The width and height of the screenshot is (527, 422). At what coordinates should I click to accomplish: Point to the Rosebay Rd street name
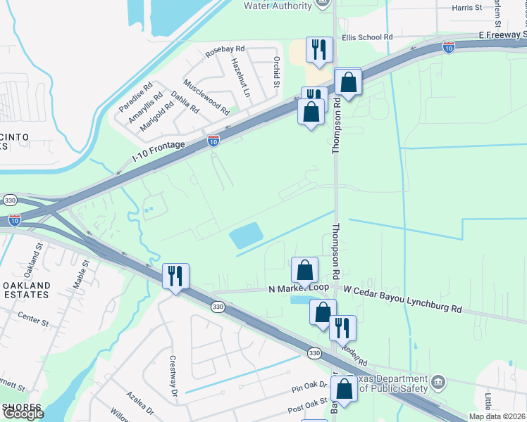tap(225, 50)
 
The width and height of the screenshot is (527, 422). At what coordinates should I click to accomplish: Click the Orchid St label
tap(277, 72)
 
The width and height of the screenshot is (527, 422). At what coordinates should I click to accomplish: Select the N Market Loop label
tap(299, 288)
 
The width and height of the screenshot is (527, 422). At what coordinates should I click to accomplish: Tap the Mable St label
tap(82, 275)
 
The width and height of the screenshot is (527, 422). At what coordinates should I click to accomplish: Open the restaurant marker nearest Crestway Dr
tap(175, 275)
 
